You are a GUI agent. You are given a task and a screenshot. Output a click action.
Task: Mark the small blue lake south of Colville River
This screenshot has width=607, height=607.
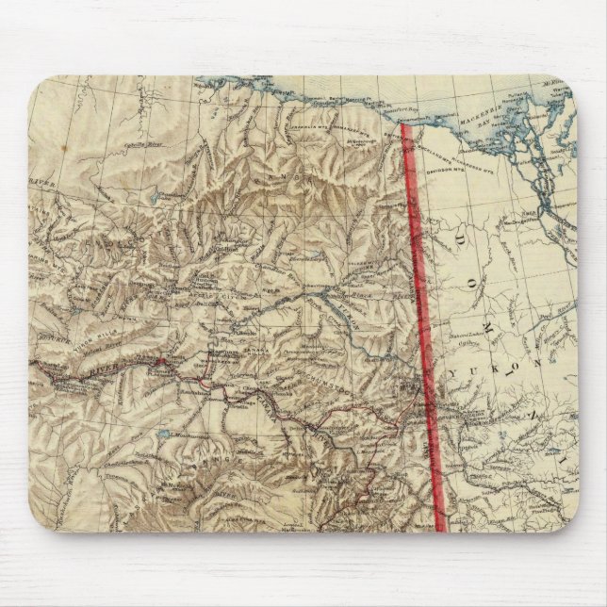154,200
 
